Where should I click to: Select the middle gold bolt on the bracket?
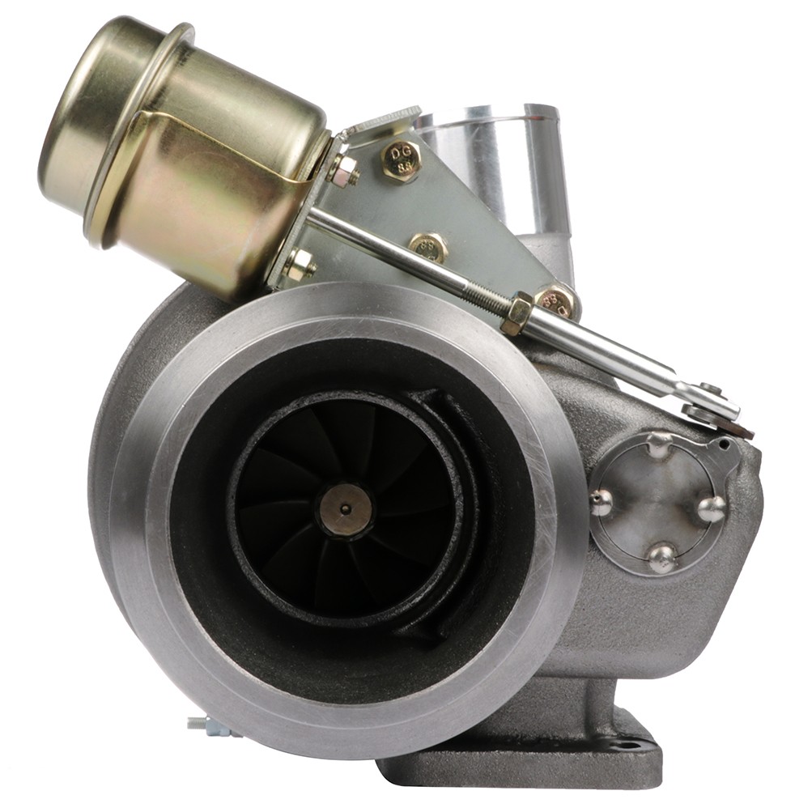(x=428, y=246)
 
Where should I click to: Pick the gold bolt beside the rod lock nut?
(x=557, y=301)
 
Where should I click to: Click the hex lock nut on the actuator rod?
(x=516, y=313)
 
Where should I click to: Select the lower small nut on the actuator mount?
(x=299, y=263)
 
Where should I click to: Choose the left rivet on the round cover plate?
(x=600, y=502)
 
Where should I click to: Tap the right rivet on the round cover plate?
(x=712, y=508)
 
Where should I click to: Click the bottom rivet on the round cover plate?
(x=662, y=556)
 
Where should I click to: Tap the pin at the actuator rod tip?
(x=710, y=390)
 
